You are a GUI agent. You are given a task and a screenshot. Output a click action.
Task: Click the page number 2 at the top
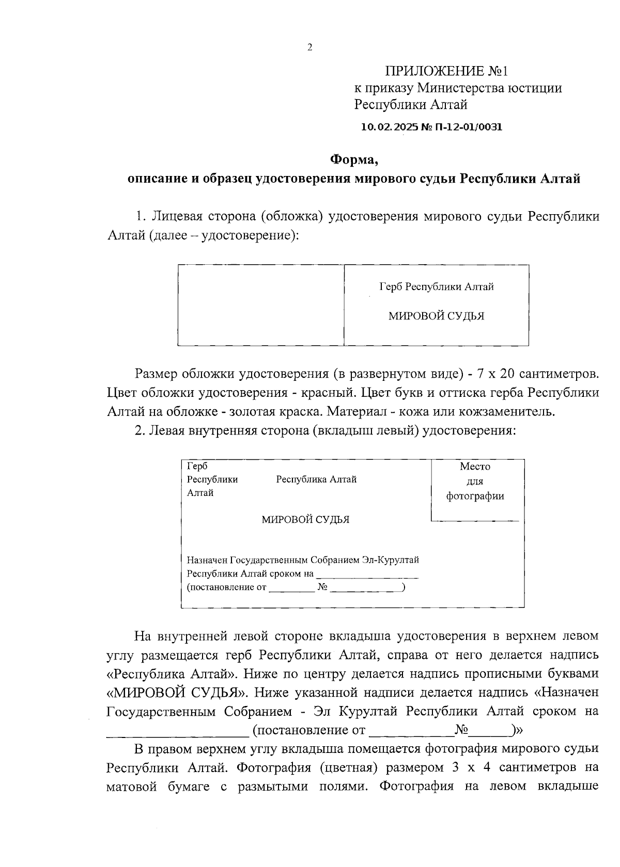[309, 48]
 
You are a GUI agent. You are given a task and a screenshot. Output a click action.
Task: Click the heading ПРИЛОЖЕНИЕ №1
[447, 71]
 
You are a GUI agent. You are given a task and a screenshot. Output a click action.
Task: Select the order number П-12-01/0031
[470, 126]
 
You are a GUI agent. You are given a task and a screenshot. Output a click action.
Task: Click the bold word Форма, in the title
[354, 159]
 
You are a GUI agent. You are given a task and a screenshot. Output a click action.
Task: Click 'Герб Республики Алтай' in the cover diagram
[437, 286]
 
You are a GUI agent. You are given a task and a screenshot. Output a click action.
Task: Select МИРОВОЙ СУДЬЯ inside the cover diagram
[437, 316]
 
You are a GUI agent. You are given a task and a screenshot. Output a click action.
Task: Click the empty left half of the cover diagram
[261, 304]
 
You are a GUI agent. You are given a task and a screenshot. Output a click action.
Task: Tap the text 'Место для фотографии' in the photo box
[475, 481]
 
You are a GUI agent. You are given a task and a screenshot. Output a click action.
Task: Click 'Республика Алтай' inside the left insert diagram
[316, 479]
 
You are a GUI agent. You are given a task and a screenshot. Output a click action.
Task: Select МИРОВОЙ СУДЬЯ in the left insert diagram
[305, 520]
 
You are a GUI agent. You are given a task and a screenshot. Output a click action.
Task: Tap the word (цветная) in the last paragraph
[346, 767]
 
